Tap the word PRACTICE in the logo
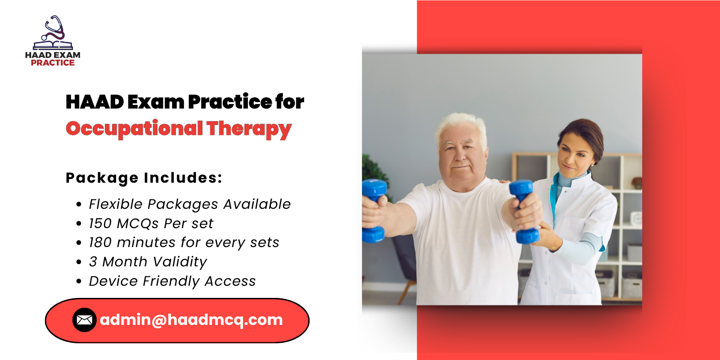pos(53,63)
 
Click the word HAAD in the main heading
pos(94,102)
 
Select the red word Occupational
pos(134,129)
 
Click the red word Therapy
pos(249,129)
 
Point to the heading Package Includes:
pos(144,178)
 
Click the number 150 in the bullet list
pos(100,224)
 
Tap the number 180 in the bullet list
pos(100,243)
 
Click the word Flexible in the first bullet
pos(116,204)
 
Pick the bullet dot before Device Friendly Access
pos(79,282)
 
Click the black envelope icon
pos(84,320)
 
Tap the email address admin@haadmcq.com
pos(191,320)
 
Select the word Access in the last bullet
pos(230,281)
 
